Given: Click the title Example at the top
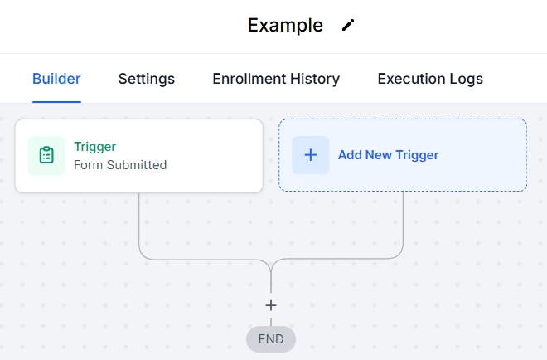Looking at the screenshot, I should (x=285, y=25).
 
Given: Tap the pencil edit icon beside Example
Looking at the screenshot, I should (x=348, y=25).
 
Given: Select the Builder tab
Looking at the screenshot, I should (x=56, y=79).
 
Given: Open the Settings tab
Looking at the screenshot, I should (x=147, y=79).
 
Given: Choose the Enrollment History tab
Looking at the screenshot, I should (x=276, y=79).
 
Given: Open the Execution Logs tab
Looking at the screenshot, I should (x=430, y=79).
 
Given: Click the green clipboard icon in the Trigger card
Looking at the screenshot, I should (x=46, y=155).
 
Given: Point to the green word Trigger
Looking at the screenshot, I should (x=94, y=147).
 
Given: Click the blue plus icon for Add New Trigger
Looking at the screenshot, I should (x=311, y=155).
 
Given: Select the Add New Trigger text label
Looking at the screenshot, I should (x=388, y=155).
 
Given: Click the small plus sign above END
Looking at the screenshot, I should (x=271, y=305).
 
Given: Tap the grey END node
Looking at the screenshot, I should (x=271, y=338).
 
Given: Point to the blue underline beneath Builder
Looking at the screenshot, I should (x=56, y=101).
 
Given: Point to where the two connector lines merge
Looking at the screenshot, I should (x=271, y=267).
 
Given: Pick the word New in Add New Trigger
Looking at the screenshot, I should (x=380, y=155).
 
